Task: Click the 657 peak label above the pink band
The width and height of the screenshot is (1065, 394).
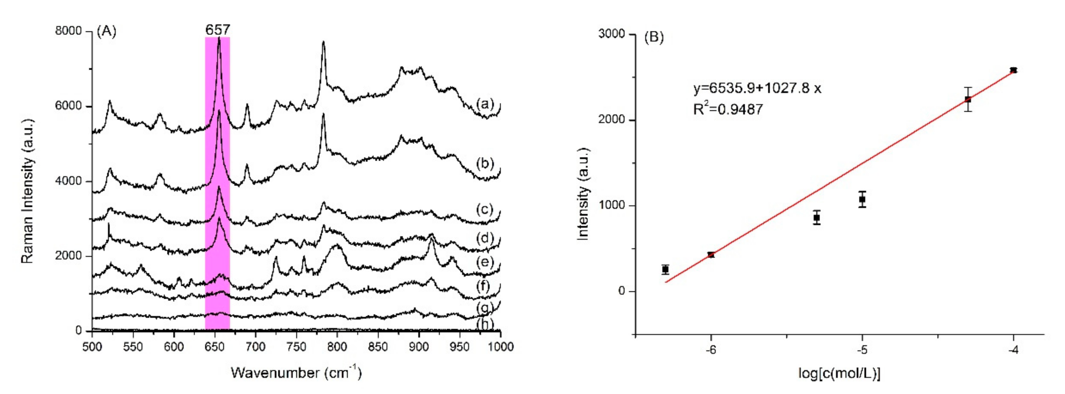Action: coord(217,29)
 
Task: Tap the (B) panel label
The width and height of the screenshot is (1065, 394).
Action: coord(653,37)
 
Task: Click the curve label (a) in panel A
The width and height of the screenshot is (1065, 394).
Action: coord(485,103)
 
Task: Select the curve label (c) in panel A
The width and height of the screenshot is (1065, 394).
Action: coord(485,209)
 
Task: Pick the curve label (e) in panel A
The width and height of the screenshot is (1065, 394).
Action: coord(485,262)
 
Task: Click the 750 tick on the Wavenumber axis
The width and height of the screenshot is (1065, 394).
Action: coord(296,346)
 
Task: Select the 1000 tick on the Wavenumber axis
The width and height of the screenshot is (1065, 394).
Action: coord(500,346)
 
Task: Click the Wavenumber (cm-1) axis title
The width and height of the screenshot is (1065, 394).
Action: coord(296,373)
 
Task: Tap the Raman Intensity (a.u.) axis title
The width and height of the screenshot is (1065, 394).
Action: coord(27,191)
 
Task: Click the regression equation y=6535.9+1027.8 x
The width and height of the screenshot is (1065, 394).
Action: coord(757,88)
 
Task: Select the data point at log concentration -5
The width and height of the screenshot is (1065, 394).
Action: coord(862,200)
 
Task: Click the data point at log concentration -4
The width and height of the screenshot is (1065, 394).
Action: coord(1013,70)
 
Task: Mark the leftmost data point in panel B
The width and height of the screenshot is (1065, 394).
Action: coord(665,269)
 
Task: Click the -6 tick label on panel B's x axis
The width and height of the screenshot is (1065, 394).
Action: coord(711,350)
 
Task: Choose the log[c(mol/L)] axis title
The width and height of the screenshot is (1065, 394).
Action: coord(839,373)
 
